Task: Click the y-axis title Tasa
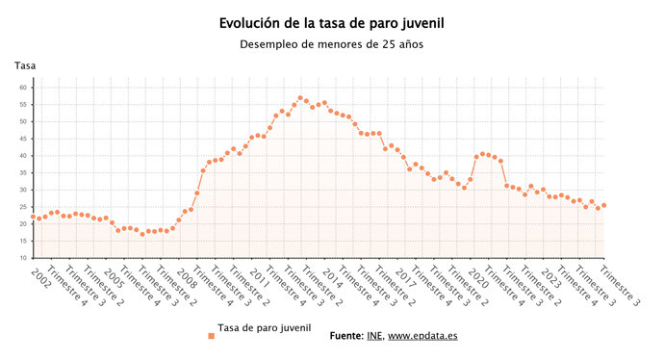25,65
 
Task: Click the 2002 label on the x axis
41,276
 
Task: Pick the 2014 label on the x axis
332,277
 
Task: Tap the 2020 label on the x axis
478,277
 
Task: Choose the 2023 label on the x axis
551,277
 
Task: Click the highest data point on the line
300,98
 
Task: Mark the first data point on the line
34,217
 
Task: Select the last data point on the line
603,205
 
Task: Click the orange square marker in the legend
211,336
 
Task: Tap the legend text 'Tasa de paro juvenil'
265,328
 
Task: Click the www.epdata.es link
423,336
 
